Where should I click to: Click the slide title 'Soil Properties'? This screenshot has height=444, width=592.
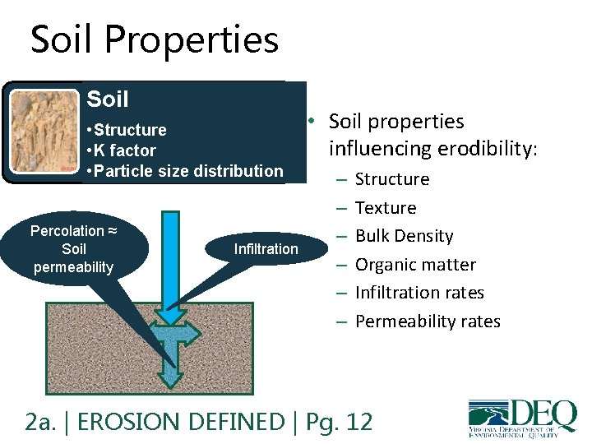(x=155, y=40)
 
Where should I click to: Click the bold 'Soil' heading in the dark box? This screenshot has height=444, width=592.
(x=108, y=99)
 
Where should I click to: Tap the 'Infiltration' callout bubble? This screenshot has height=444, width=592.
(x=266, y=248)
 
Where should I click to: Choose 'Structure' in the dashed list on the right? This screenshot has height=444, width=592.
(x=391, y=179)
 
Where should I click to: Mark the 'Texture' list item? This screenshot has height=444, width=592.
(x=385, y=208)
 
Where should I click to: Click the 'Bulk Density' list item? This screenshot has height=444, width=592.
(x=404, y=236)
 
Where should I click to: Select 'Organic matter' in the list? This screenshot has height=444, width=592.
(x=415, y=265)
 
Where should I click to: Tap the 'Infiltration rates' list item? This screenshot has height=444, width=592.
(x=419, y=293)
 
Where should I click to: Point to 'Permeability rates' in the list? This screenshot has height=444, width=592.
(x=428, y=321)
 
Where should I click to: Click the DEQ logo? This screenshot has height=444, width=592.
(x=521, y=418)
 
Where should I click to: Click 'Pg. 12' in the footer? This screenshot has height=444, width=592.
(x=338, y=422)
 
